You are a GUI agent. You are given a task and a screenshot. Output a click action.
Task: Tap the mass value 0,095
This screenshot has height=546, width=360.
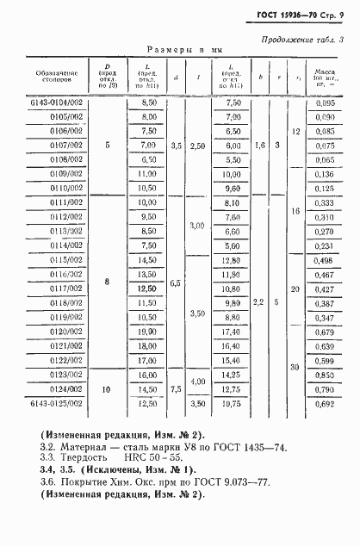325,102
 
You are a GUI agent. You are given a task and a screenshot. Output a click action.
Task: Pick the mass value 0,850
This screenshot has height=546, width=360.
325,375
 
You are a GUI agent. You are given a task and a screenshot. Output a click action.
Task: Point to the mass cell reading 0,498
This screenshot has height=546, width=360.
325,260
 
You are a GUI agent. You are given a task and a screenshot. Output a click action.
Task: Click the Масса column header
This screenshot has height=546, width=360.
325,78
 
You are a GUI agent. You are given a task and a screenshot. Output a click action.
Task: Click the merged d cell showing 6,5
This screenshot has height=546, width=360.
176,282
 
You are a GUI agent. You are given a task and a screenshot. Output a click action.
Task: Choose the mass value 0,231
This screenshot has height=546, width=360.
325,245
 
